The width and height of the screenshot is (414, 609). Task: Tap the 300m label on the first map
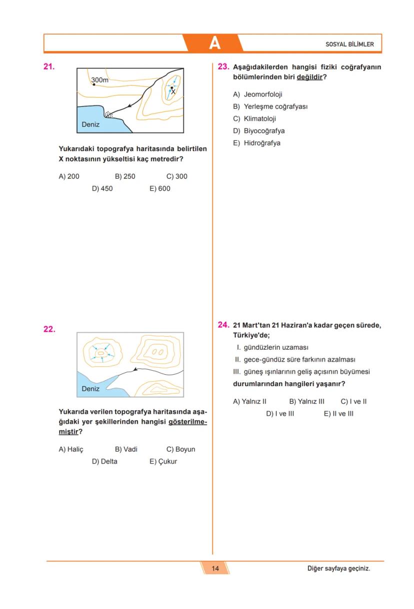pos(99,79)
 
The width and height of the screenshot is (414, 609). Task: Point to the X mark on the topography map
pos(173,92)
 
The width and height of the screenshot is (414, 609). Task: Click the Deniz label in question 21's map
pos(90,124)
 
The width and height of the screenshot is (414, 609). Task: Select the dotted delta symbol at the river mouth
pos(109,115)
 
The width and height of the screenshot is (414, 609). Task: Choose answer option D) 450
pos(102,189)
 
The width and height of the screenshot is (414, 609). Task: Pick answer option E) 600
pos(160,189)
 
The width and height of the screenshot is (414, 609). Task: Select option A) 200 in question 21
pos(69,176)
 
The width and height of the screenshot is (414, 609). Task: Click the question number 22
pos(49,329)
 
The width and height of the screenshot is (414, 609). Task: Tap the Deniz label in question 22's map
pos(90,388)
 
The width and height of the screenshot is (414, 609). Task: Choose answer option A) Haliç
pos(71,449)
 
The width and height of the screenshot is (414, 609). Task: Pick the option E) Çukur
pos(163,461)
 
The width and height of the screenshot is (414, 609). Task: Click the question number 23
pos(223,66)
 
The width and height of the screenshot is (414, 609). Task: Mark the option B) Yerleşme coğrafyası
pos(270,106)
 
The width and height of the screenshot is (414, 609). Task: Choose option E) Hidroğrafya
pos(256,143)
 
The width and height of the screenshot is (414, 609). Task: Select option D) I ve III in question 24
pos(279,413)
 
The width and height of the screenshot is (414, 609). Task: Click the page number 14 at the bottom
pos(215,568)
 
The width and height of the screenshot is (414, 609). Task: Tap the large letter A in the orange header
pos(214,43)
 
